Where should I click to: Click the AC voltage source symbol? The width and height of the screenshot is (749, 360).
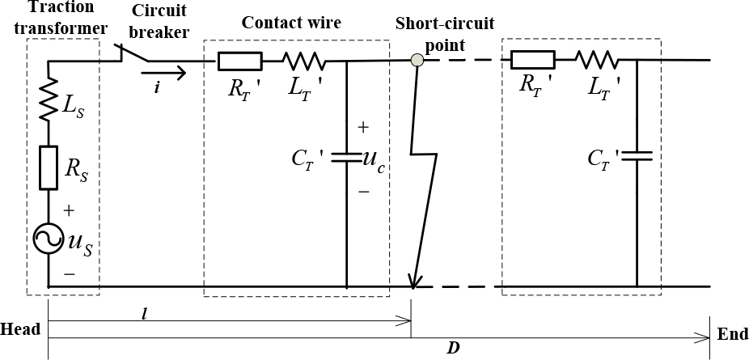pos(49,239)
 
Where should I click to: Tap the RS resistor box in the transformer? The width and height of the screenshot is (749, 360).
pos(49,167)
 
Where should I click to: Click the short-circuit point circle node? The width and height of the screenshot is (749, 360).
pos(417,60)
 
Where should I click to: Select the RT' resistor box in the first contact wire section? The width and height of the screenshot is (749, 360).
pos(239,61)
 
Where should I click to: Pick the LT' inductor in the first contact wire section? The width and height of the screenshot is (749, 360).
pos(304,61)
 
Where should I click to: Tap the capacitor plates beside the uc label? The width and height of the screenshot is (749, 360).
pos(346,158)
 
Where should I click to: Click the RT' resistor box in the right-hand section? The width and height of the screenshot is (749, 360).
pos(532,59)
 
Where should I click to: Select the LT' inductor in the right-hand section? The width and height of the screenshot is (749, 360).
pos(597,59)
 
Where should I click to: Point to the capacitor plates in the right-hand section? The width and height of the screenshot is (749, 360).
pos(637,155)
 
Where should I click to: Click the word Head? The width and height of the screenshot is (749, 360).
pos(20,330)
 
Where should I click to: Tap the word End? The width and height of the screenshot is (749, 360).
pos(732,333)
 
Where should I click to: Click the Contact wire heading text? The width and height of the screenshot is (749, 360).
pos(291,22)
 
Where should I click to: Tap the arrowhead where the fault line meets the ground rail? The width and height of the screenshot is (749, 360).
pos(413,282)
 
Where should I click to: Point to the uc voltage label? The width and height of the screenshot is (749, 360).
pos(374,159)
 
